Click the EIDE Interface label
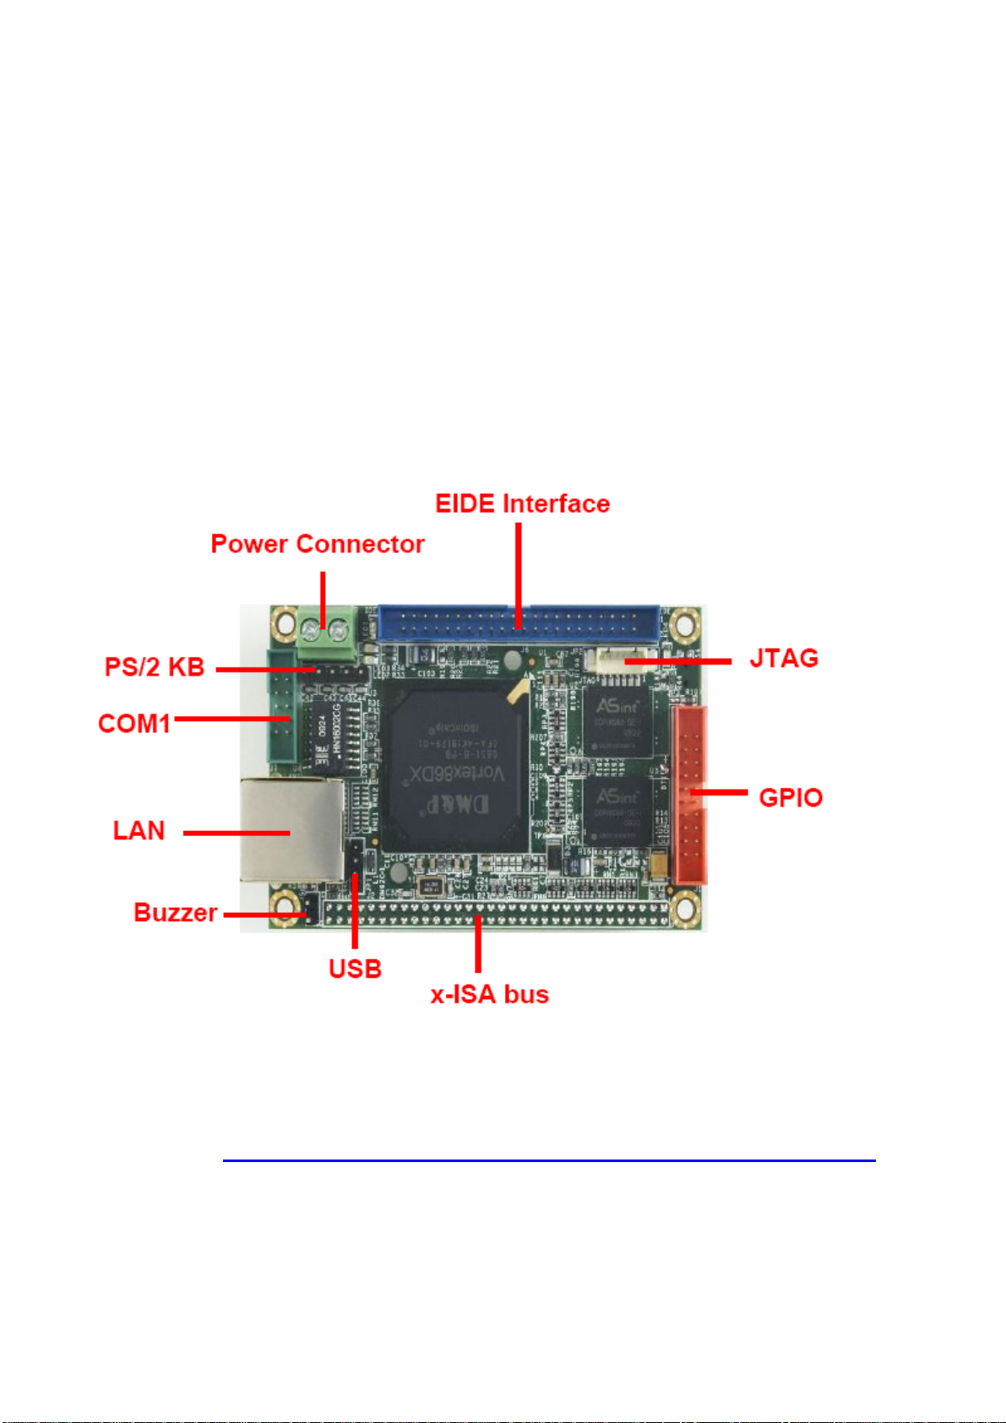pos(522,504)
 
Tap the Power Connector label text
pos(317,544)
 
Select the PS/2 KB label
pos(155,667)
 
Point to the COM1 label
pos(134,724)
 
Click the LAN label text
pos(139,831)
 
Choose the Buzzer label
pos(176,913)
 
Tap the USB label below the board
pos(355,969)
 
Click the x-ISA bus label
pos(490,994)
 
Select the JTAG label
pos(784,659)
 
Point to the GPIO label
pos(791,797)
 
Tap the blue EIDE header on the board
pos(519,623)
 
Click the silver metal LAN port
pos(291,829)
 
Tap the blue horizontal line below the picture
pos(549,1160)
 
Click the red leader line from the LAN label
pos(237,833)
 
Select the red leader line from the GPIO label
pos(718,792)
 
